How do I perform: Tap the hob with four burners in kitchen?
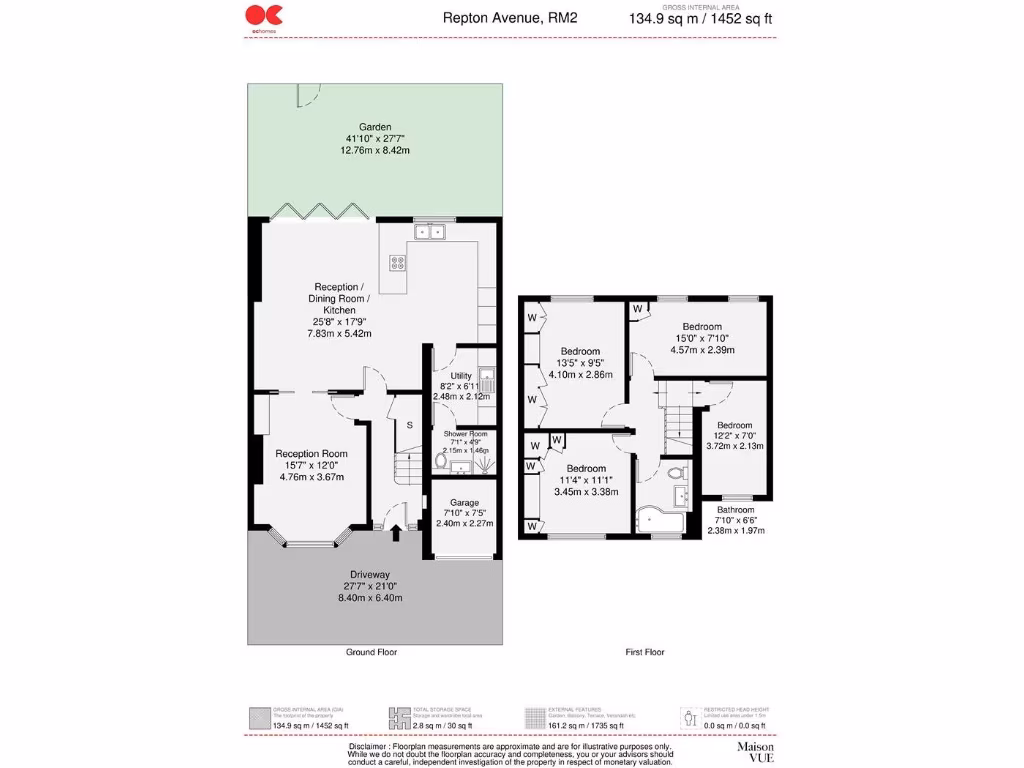coord(397,263)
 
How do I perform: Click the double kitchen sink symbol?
coord(430,233)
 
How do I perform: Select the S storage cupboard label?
coord(409,424)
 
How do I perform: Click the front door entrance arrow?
coord(397,533)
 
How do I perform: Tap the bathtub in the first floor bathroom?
coord(660,521)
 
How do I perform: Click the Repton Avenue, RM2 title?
coord(510,17)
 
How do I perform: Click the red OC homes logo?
coord(264,14)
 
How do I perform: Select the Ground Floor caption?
coord(371,652)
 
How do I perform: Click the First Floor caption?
coord(645,652)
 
